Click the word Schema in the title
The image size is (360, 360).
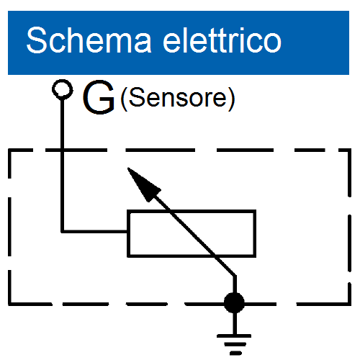89,40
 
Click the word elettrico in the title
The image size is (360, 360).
222,40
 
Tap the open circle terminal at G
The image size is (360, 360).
63,89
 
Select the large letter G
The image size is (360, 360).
99,97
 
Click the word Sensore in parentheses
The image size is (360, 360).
178,98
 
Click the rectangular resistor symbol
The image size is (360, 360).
192,233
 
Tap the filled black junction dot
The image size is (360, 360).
234,302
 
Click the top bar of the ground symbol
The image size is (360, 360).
234,336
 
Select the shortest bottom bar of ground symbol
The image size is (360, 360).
235,353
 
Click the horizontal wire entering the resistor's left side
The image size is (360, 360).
94,231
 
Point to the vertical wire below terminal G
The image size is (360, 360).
63,166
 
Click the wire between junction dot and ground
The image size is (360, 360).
235,323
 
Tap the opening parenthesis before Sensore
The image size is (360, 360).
124,99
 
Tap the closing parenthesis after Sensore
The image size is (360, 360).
231,99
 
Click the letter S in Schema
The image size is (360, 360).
37,40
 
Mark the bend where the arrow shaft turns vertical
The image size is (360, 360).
235,276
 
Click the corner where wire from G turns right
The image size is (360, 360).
63,231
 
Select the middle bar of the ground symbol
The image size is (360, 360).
235,345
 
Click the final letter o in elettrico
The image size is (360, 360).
272,43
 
